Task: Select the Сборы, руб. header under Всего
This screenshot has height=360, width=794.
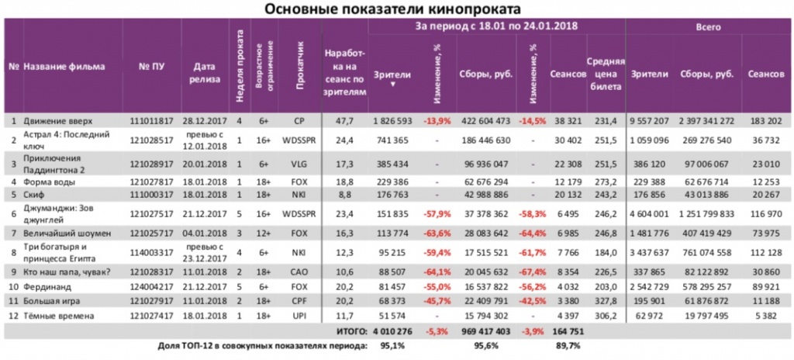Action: point(706,74)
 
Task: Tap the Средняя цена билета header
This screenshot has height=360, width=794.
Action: point(601,74)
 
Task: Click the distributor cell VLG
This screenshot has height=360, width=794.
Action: point(299,164)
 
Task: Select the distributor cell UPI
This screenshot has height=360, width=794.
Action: point(299,316)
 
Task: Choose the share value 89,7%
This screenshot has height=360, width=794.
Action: point(570,346)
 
